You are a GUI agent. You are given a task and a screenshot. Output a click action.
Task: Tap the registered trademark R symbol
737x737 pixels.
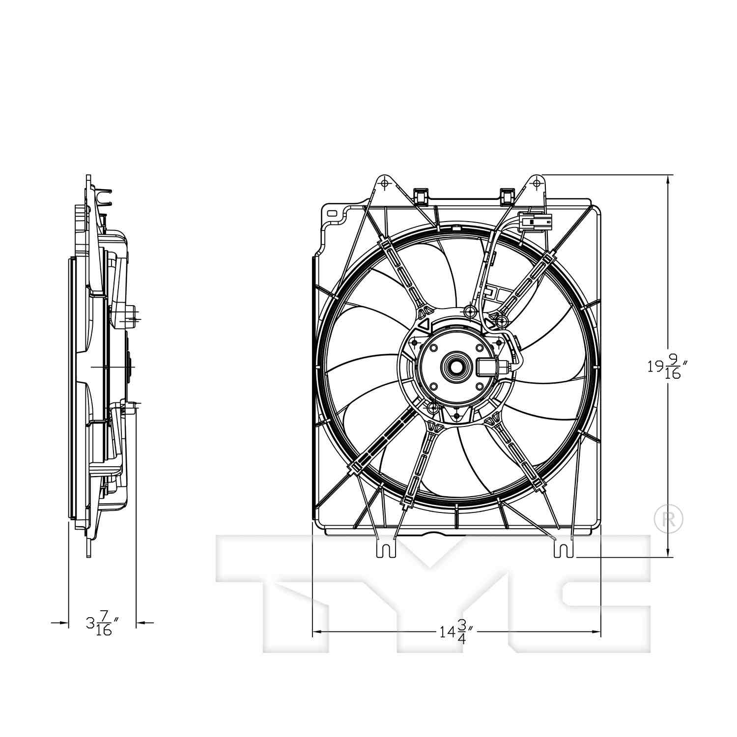point(669,518)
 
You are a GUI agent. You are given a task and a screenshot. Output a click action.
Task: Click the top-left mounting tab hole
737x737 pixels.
point(385,184)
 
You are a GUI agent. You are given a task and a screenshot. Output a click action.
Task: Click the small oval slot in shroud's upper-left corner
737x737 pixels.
point(332,214)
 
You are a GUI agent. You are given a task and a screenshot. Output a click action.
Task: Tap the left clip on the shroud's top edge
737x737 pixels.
point(421,196)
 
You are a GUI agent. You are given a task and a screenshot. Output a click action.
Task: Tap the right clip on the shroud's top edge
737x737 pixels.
point(506,196)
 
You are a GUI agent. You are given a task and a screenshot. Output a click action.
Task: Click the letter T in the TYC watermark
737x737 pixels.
point(295,590)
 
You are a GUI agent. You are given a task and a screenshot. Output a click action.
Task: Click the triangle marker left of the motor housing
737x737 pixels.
point(425,324)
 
